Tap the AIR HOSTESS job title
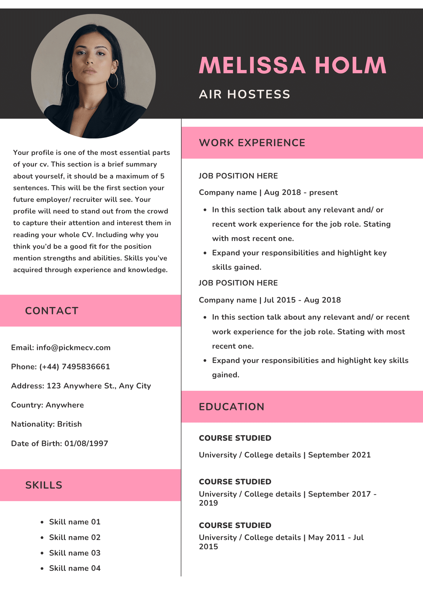click(x=244, y=94)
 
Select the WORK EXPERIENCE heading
click(x=252, y=143)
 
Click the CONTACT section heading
click(x=51, y=311)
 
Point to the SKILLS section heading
click(x=44, y=485)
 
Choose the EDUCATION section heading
click(x=232, y=407)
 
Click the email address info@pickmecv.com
click(x=73, y=348)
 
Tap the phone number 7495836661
click(x=86, y=367)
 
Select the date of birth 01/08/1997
click(x=86, y=443)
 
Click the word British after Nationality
click(x=69, y=424)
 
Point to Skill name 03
click(x=75, y=553)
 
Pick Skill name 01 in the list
click(x=75, y=522)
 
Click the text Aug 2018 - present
click(x=301, y=193)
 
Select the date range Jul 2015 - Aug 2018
click(x=302, y=300)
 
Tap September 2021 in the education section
click(x=339, y=455)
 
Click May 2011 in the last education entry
click(x=327, y=537)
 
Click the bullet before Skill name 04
click(x=42, y=568)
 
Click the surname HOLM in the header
click(x=350, y=65)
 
